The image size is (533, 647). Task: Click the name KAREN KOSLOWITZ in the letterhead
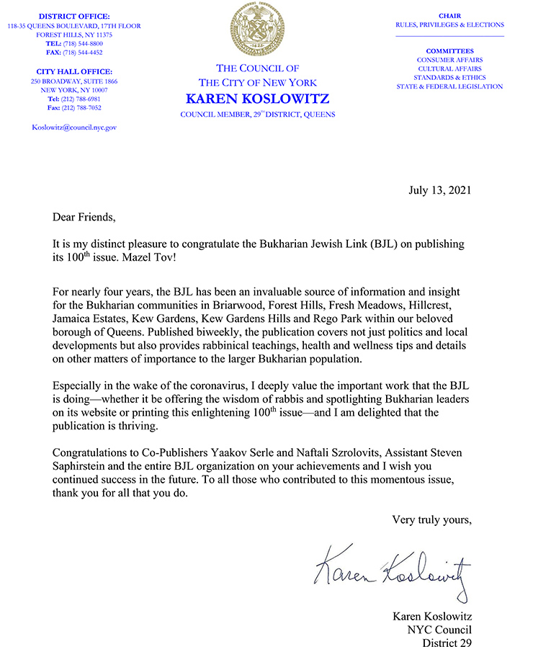tap(258, 99)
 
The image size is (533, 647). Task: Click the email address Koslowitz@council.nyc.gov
tap(74, 127)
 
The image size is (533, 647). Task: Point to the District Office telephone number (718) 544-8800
tap(81, 43)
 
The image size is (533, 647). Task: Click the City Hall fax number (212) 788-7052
tap(81, 107)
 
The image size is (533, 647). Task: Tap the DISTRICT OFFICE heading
tap(75, 16)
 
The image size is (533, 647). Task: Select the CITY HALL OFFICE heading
tap(74, 71)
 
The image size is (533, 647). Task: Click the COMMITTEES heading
tap(449, 50)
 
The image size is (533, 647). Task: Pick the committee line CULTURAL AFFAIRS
tap(449, 68)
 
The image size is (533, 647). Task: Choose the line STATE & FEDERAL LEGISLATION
tap(449, 86)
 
